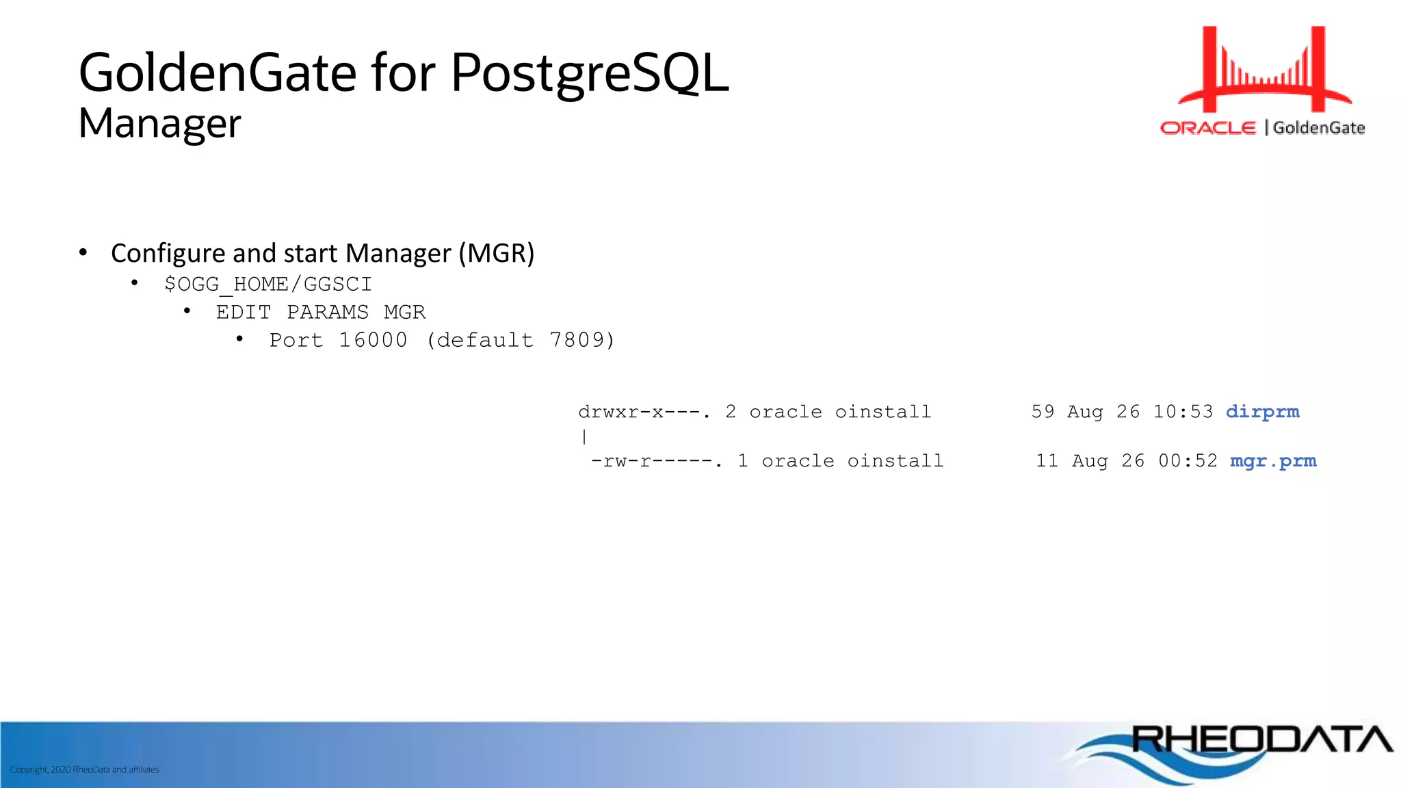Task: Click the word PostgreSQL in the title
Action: click(x=590, y=73)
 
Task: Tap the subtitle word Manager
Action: click(x=159, y=124)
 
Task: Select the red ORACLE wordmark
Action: click(x=1208, y=128)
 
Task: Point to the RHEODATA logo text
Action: click(x=1261, y=739)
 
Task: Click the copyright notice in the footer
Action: click(x=85, y=770)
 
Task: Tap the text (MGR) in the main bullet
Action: click(x=496, y=253)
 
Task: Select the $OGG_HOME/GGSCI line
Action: click(x=268, y=284)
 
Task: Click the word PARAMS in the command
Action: click(x=328, y=312)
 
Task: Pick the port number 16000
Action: click(x=373, y=340)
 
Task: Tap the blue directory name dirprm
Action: click(x=1262, y=412)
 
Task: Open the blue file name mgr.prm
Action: click(x=1273, y=461)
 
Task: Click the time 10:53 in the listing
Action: click(x=1183, y=412)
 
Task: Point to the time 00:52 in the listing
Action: click(x=1188, y=461)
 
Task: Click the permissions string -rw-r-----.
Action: click(x=656, y=461)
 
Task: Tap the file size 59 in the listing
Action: click(x=1043, y=412)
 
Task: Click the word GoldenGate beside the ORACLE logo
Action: click(x=1318, y=128)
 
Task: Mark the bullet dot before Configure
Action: click(x=83, y=252)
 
